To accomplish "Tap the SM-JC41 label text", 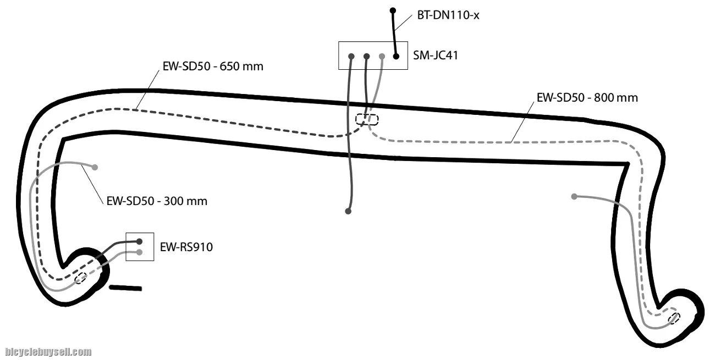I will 436,56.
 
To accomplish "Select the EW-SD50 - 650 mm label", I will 213,67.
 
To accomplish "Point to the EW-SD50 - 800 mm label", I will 587,98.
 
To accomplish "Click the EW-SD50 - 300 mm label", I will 157,201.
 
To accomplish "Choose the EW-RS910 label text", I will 186,247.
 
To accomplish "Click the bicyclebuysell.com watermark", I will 48,352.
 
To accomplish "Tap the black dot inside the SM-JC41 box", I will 395,56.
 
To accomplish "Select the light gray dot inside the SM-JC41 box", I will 381,56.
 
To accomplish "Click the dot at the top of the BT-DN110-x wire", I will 392,10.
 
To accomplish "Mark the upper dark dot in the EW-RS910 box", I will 139,241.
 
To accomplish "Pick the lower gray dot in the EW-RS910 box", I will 139,252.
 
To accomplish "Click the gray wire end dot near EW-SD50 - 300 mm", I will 95,167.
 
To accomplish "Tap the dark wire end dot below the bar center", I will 348,211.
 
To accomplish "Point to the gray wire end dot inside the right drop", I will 574,196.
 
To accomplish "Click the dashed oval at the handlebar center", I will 367,119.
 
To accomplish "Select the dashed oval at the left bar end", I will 80,278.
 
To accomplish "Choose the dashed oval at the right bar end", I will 674,318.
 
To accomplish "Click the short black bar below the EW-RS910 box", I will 125,287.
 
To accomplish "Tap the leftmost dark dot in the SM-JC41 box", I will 351,56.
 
